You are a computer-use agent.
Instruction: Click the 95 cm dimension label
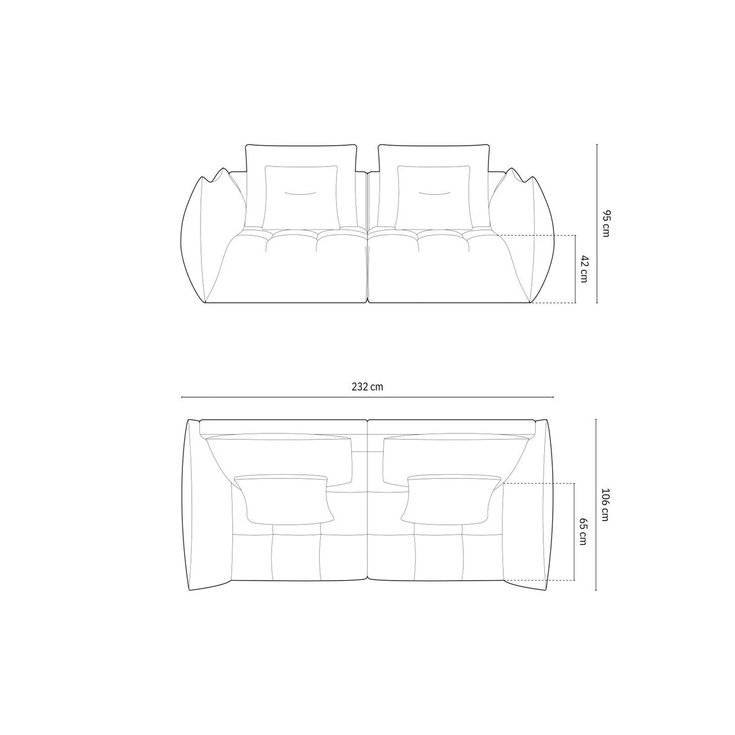[606, 223]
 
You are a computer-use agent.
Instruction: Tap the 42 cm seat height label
[584, 268]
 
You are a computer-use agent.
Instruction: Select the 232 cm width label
[367, 387]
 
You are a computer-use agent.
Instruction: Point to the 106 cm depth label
[606, 505]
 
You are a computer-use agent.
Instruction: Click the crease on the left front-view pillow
[302, 193]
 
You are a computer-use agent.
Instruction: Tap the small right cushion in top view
[452, 499]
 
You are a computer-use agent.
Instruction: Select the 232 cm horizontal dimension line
[367, 397]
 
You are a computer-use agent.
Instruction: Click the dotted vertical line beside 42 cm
[575, 268]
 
